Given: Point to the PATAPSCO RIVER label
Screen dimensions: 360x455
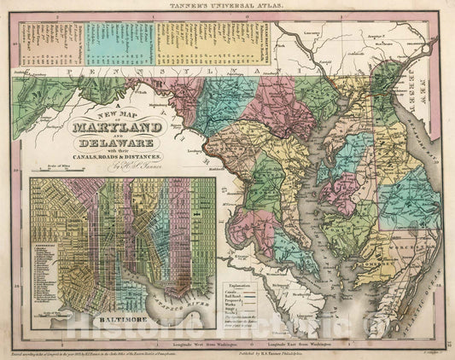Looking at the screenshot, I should [162, 303].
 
